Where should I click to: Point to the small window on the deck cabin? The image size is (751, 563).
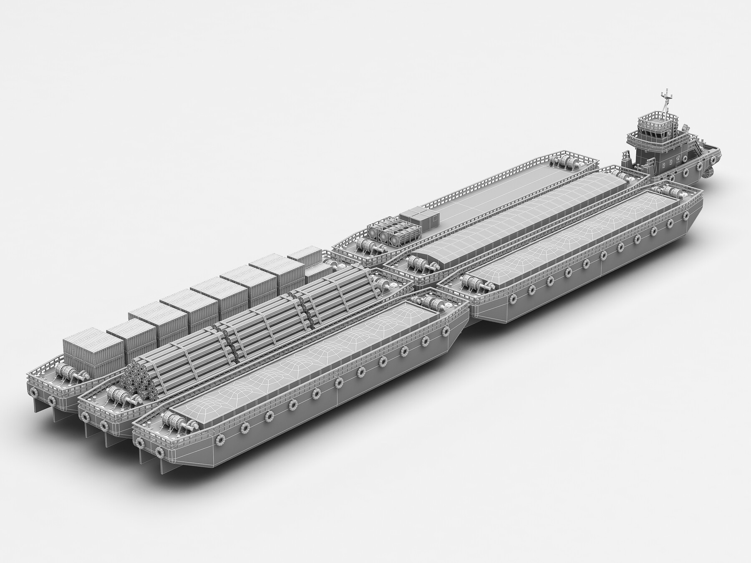435,216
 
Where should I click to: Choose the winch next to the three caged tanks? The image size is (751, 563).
367,246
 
